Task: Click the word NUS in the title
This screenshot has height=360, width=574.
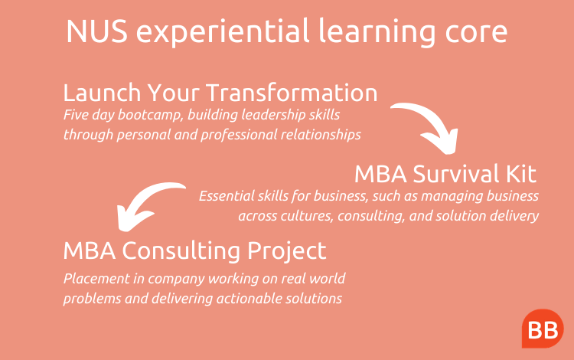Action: pos(97,31)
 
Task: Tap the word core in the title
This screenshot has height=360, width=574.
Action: pos(476,33)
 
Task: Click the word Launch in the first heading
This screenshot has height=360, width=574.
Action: pos(102,92)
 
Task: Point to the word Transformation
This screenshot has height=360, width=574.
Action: pos(292,92)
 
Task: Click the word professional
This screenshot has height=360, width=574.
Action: pos(239,135)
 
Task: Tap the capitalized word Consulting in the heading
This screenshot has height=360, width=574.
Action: pos(181,251)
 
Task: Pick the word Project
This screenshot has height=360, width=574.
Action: pos(287,251)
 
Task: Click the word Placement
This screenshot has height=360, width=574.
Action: pos(96,279)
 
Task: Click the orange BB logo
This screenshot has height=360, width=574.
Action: pos(543,329)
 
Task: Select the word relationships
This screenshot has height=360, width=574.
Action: pos(321,135)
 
